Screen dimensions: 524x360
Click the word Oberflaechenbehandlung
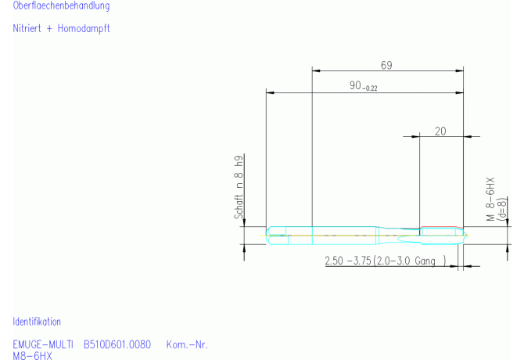(61, 5)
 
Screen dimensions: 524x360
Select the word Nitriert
(27, 28)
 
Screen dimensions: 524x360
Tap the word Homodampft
(84, 28)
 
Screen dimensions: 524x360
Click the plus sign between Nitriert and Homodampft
(49, 29)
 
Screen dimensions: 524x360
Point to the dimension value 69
(386, 65)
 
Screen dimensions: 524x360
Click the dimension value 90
(355, 85)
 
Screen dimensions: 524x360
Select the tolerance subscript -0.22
(370, 88)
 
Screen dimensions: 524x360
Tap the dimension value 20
(440, 131)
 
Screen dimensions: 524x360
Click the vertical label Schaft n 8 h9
(239, 187)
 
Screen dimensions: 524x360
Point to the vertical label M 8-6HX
(490, 199)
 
